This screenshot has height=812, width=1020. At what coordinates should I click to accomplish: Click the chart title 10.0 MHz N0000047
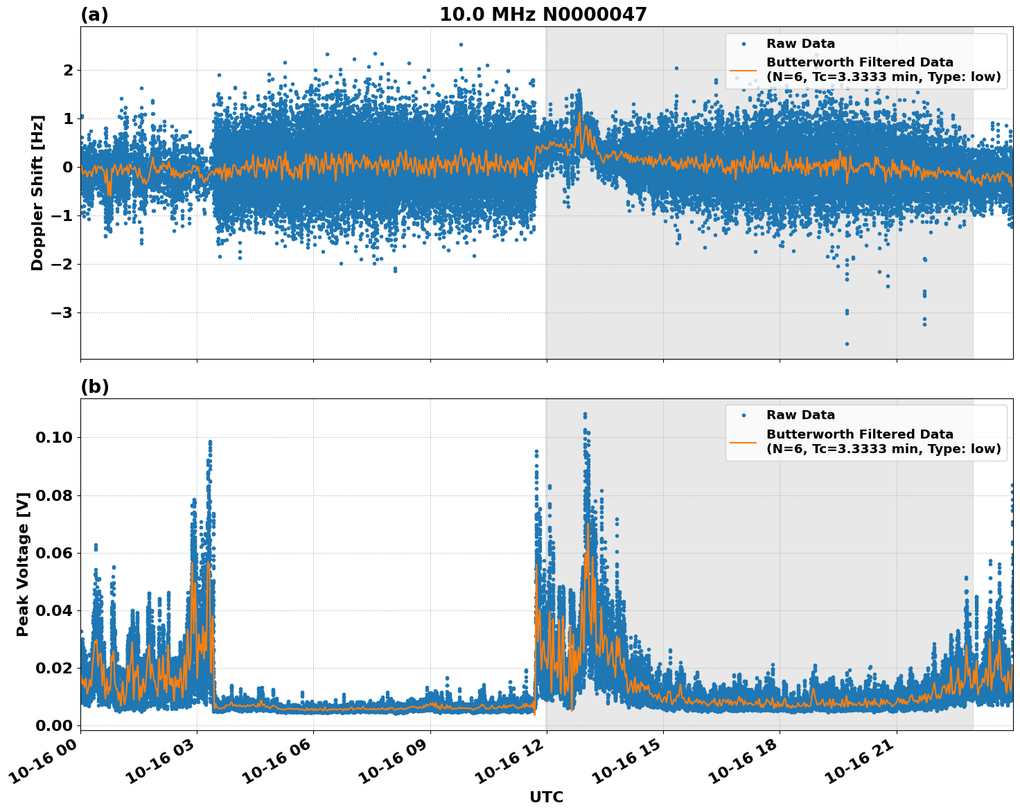tap(543, 15)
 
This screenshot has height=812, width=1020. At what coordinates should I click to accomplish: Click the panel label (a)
tap(94, 15)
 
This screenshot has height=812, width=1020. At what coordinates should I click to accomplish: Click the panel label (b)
tap(94, 387)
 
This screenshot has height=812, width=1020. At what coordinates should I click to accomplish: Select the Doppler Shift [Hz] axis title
tap(37, 193)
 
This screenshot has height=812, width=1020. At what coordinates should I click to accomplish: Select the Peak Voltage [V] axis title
tap(23, 565)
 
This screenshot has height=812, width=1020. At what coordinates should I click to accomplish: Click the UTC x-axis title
tap(546, 797)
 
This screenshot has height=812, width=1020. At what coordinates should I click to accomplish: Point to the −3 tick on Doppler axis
tap(62, 313)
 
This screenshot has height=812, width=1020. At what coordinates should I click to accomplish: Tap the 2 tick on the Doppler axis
tap(68, 71)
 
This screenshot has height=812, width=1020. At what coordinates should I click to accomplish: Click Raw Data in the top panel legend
tap(800, 44)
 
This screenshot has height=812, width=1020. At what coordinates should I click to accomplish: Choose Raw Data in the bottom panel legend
tap(800, 415)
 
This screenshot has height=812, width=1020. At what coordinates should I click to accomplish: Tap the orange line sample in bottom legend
tap(744, 441)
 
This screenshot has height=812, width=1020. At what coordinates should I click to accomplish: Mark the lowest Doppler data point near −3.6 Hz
tap(846, 344)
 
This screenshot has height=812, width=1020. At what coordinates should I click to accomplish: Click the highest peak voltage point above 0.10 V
tap(585, 414)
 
